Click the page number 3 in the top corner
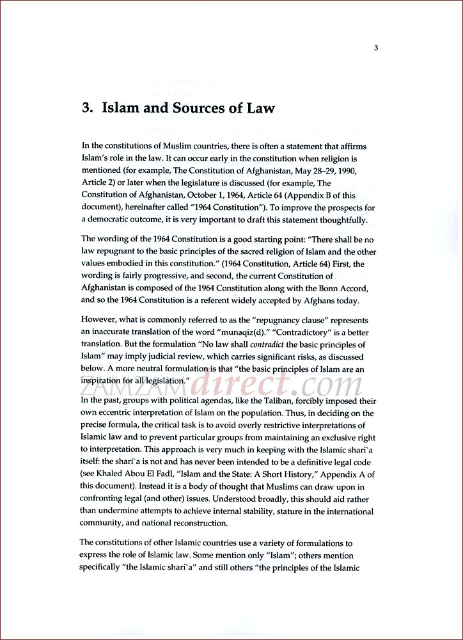point(377,47)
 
